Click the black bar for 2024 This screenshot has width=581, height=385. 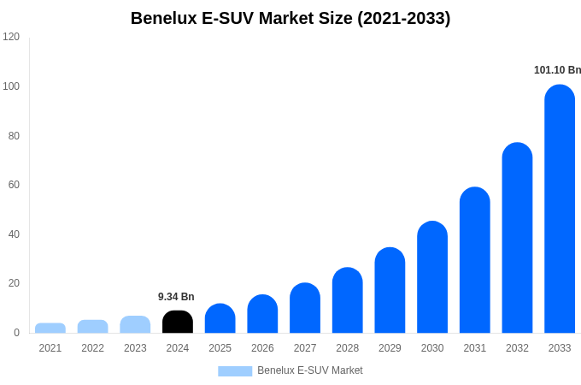click(x=178, y=323)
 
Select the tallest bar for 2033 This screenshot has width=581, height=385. click(x=560, y=210)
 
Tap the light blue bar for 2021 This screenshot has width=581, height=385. click(x=50, y=329)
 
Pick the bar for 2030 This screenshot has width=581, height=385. click(x=432, y=278)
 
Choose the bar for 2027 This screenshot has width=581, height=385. click(x=305, y=309)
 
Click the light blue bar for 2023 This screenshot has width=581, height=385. click(x=135, y=325)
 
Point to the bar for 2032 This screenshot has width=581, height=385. click(x=517, y=239)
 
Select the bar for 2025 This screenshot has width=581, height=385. click(x=220, y=319)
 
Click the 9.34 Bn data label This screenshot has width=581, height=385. click(x=176, y=297)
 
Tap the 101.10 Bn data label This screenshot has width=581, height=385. click(x=557, y=70)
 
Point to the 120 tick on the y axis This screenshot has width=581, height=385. click(x=11, y=37)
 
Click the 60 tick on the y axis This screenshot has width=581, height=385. click(x=14, y=185)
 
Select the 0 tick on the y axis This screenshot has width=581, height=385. click(x=16, y=333)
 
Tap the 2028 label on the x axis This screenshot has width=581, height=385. click(x=347, y=348)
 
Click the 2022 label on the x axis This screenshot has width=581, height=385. click(x=92, y=348)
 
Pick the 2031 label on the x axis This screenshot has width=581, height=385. click(x=474, y=348)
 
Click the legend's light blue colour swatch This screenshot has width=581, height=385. click(x=235, y=371)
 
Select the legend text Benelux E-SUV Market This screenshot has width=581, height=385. click(x=309, y=370)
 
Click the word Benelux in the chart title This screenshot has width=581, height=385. click(x=164, y=18)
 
